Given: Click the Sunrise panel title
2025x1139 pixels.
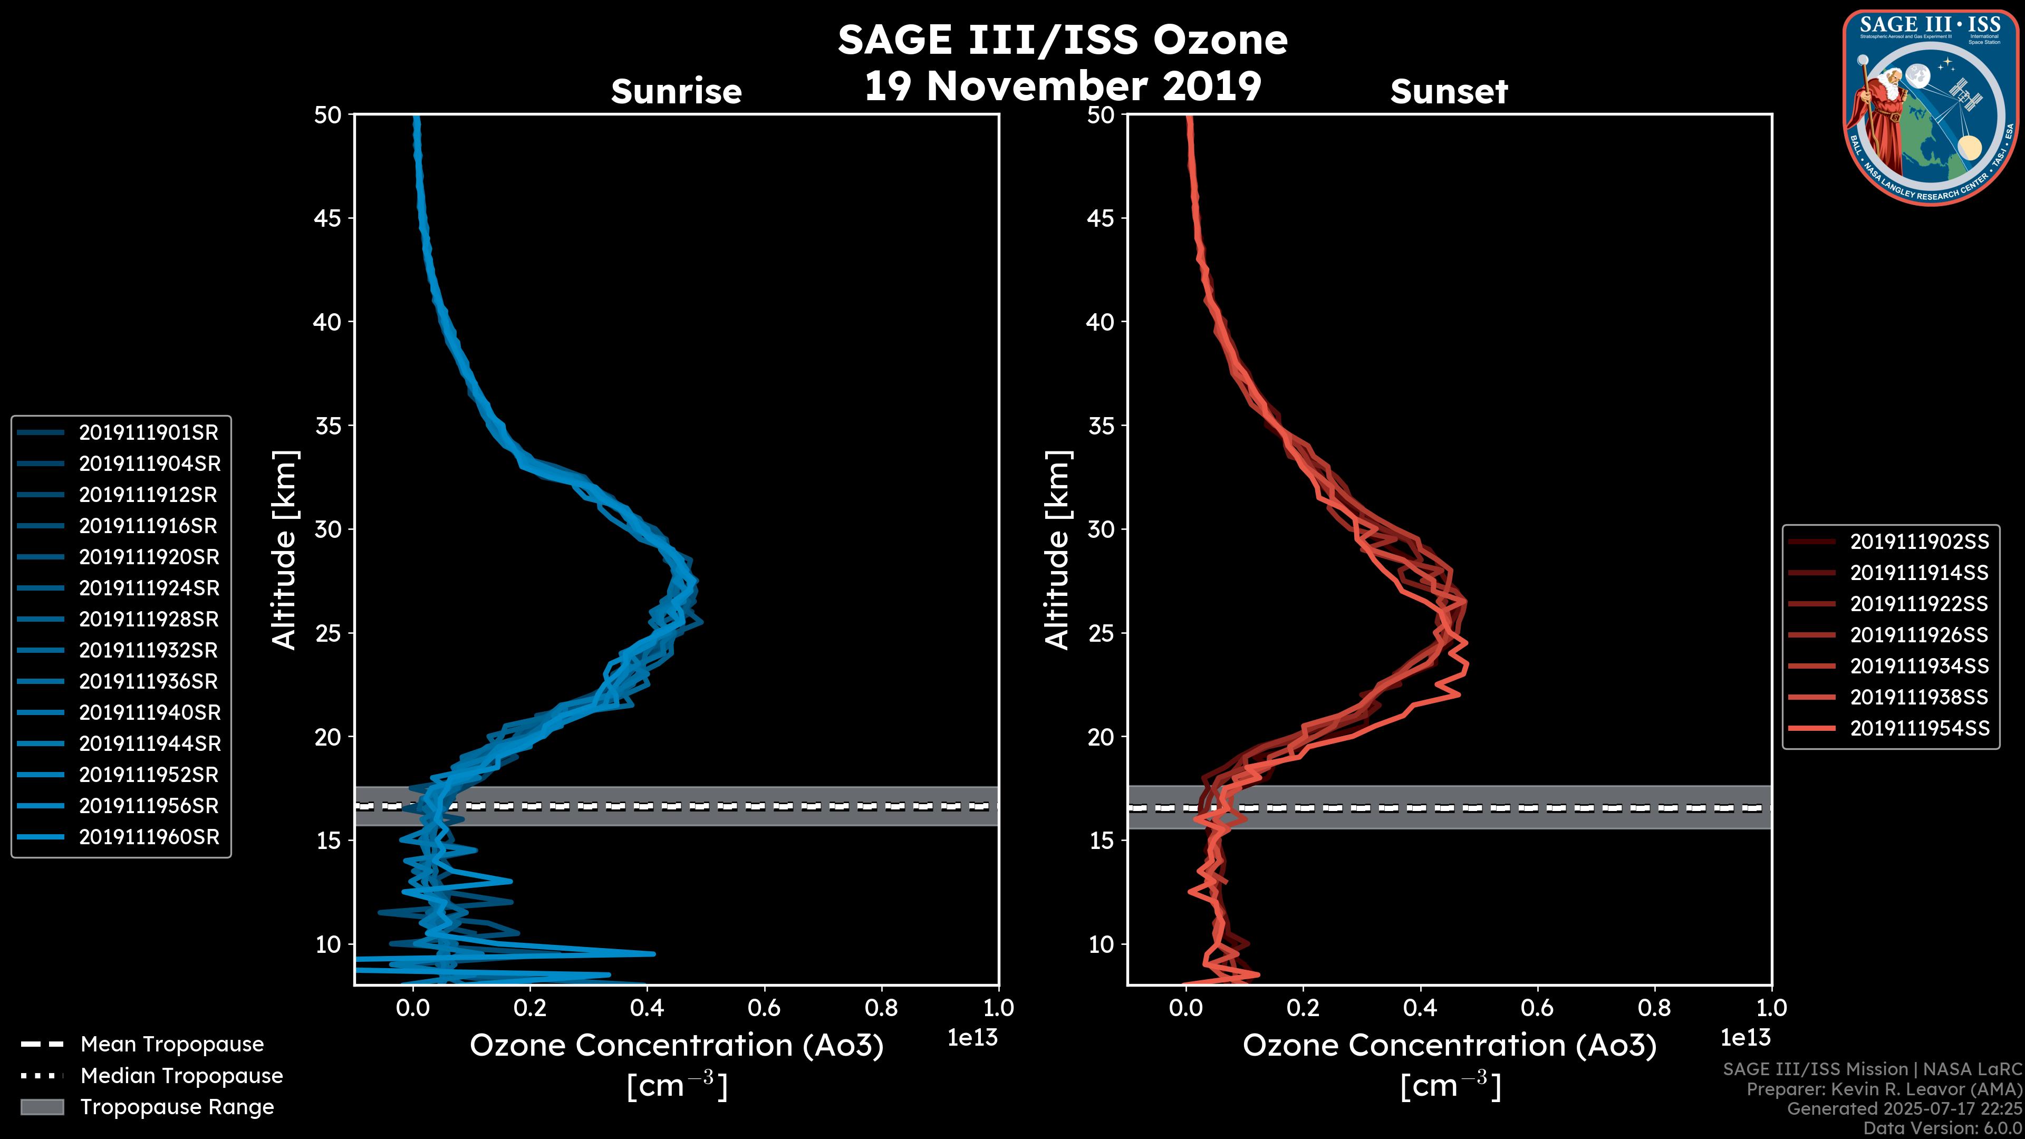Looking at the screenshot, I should (x=676, y=91).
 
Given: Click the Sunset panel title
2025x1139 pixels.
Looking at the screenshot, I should (x=1449, y=91).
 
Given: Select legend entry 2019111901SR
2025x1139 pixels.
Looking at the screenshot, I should (x=149, y=432).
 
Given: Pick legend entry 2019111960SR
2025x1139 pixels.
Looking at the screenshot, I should (x=149, y=836).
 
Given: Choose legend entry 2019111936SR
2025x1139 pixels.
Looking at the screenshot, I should (x=149, y=681).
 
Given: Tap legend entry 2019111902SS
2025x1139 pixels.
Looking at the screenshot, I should (x=1919, y=542).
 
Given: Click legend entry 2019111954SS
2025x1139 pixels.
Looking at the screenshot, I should (x=1919, y=728).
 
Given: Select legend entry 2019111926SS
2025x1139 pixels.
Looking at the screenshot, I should (x=1919, y=634).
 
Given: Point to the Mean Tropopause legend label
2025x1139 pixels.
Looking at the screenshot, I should (x=172, y=1044).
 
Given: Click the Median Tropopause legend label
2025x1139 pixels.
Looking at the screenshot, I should (x=181, y=1075).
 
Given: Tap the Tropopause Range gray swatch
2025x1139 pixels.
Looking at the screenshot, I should (x=42, y=1107).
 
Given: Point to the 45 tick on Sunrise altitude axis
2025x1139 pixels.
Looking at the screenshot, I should (x=328, y=218).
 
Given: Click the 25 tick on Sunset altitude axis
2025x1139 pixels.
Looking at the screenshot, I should (x=1101, y=633).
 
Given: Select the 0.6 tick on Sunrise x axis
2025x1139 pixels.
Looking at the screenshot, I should (x=764, y=1008).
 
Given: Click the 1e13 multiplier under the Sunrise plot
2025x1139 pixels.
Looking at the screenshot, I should (x=972, y=1038).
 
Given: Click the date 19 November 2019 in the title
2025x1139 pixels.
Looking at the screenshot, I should (x=1062, y=86).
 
